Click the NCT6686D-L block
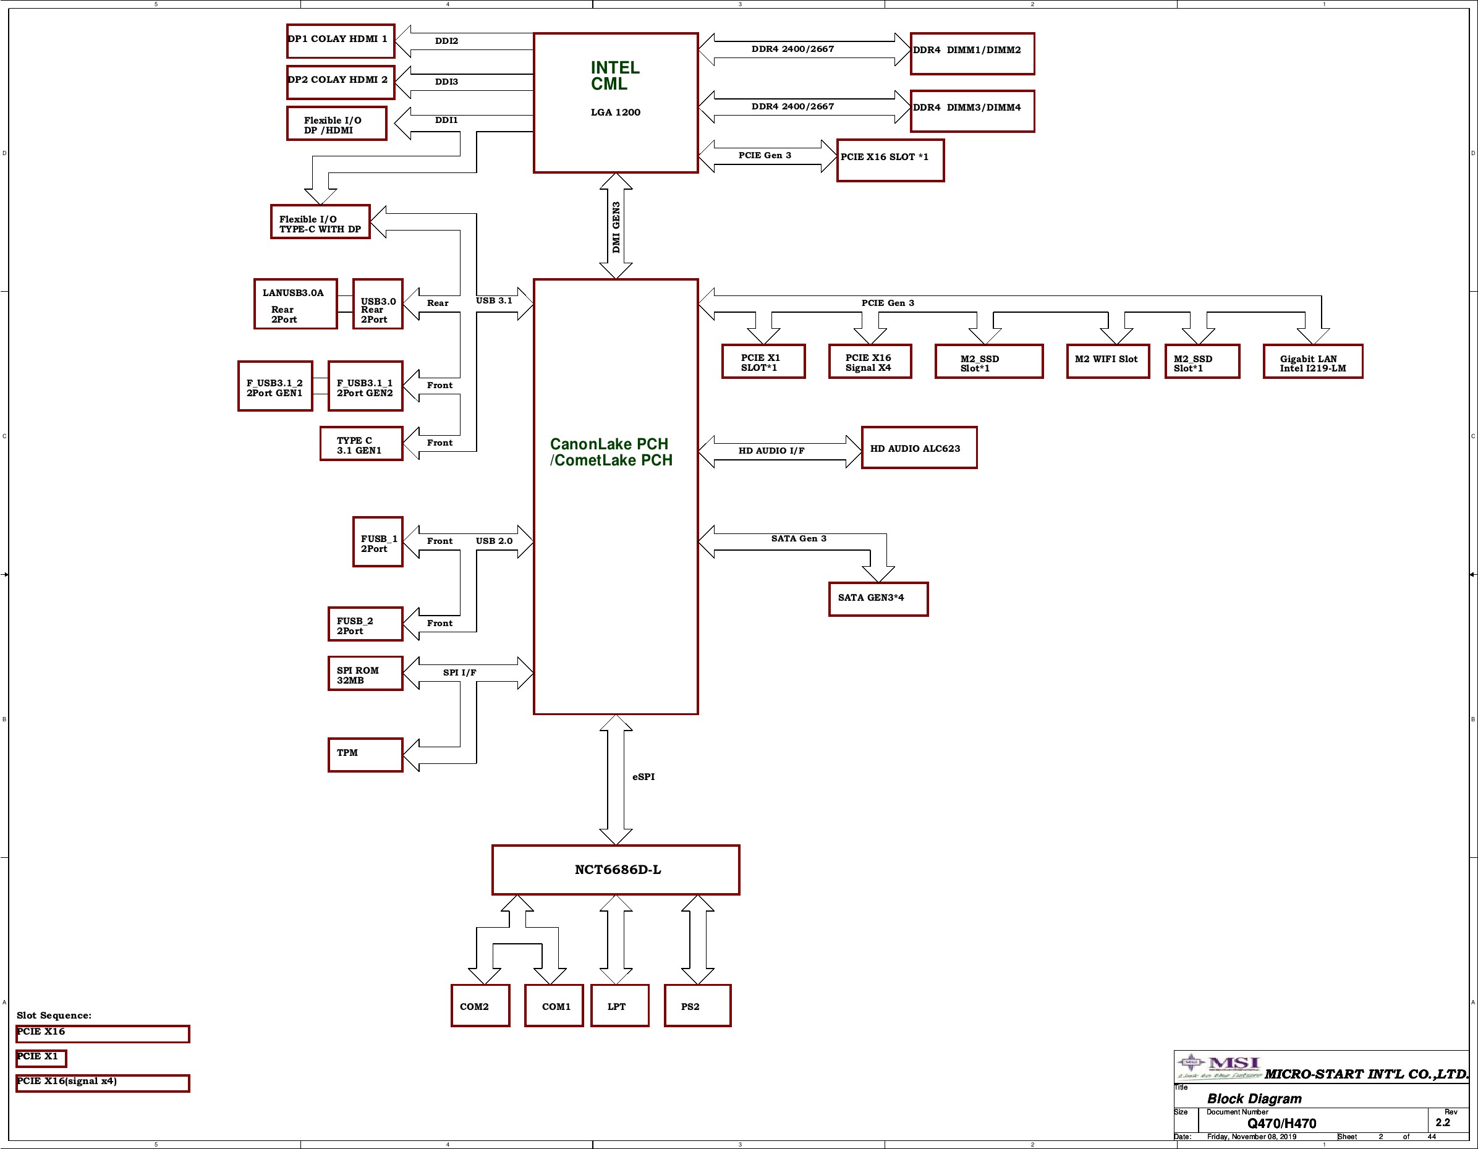pos(616,870)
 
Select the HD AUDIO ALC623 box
pos(919,447)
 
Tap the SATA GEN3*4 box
pos(878,599)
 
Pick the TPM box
pos(365,755)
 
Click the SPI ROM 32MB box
pos(365,673)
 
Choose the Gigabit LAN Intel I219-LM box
pos(1313,362)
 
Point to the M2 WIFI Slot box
pos(1108,362)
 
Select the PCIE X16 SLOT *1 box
pos(891,160)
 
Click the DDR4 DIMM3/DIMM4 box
pos(972,111)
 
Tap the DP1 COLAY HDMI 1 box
pos(341,41)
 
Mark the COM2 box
pos(480,1006)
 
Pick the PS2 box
pos(698,1006)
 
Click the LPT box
pos(620,1006)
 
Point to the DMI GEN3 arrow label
pos(616,227)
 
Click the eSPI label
pos(643,777)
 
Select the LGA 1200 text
pos(615,112)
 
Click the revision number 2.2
pos(1443,1122)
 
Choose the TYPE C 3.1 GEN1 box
pos(362,444)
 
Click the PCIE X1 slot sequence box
pos(41,1058)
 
